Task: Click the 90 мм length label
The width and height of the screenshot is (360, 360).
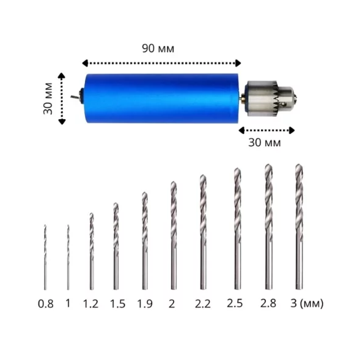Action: click(158, 48)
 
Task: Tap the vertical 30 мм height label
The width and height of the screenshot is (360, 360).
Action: click(48, 98)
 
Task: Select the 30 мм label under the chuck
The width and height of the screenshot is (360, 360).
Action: click(265, 142)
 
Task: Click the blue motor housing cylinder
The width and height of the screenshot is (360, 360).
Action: click(161, 98)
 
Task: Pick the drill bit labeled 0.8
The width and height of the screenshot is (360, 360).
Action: click(45, 257)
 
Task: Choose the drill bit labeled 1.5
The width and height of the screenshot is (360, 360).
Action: click(116, 246)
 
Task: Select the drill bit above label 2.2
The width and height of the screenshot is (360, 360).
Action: click(203, 232)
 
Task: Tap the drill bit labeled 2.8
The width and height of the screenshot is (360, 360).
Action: click(268, 227)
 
